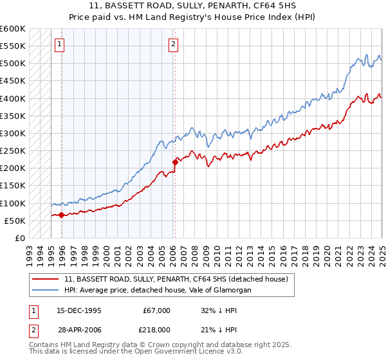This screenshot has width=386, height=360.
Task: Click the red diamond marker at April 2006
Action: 175,162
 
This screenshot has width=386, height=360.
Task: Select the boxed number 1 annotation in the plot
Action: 59,44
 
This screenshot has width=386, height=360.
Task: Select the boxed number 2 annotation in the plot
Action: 174,44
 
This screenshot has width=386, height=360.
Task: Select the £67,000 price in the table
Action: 156,310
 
